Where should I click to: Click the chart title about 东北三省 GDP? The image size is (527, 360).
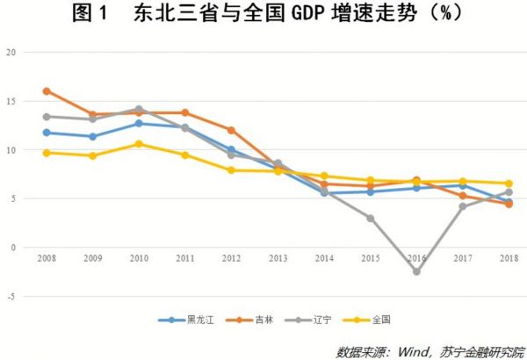(263, 15)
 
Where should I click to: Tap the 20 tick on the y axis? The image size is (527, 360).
(11, 52)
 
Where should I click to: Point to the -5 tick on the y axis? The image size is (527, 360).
(11, 297)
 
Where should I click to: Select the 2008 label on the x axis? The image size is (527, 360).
(47, 259)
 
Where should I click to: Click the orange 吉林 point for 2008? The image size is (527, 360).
(47, 91)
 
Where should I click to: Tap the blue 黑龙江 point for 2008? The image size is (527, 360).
(47, 133)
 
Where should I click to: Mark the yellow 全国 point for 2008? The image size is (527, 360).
(47, 153)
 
